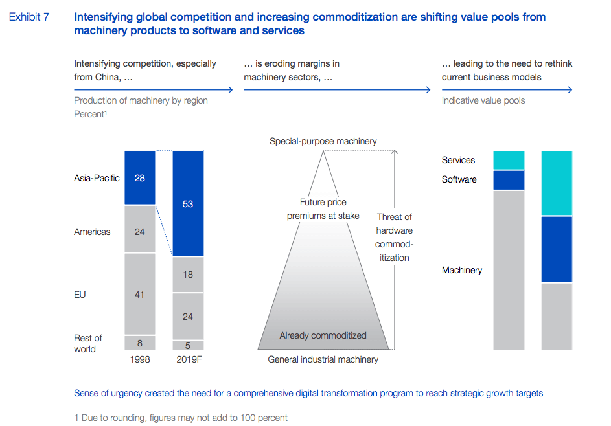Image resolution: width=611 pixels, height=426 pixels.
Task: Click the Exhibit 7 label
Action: click(29, 17)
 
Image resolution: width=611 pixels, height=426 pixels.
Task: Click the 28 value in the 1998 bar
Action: click(140, 178)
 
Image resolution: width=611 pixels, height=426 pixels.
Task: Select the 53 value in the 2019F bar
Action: click(188, 204)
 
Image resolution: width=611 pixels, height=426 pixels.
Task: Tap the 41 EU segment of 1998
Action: click(140, 295)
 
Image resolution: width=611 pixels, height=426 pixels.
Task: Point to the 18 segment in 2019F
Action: click(188, 275)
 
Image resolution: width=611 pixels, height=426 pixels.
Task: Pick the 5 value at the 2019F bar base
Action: click(188, 346)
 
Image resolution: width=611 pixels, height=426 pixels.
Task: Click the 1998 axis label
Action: click(140, 359)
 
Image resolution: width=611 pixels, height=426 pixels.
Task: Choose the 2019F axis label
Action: click(188, 359)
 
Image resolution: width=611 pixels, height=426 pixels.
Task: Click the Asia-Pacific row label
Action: click(97, 178)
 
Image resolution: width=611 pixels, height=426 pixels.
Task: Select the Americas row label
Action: click(92, 232)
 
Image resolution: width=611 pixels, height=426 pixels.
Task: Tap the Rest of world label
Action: click(87, 343)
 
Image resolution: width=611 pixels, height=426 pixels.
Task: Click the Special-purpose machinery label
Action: click(323, 141)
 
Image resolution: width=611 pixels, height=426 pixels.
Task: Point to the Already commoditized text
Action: click(323, 335)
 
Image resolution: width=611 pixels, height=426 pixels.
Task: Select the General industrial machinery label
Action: click(323, 359)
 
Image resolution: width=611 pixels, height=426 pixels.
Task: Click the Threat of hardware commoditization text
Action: click(394, 237)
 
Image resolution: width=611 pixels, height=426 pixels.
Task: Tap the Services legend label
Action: click(458, 160)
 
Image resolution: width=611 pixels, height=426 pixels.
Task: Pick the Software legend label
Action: click(459, 179)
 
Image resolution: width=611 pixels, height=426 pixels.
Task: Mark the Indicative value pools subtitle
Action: click(483, 100)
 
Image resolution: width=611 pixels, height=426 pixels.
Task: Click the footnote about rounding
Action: click(181, 418)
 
